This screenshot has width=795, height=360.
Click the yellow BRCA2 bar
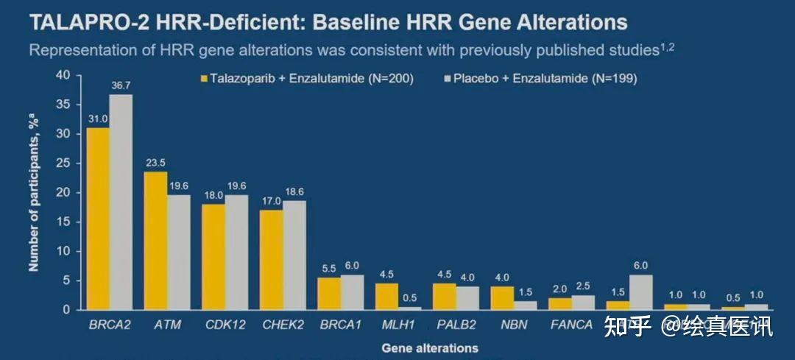tap(98, 219)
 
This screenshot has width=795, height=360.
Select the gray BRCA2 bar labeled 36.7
tap(121, 202)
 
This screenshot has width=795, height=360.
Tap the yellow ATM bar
tap(155, 241)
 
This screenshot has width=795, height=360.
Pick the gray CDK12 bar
tap(236, 252)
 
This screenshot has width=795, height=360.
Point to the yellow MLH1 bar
tap(386, 297)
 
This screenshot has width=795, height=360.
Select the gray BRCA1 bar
tap(352, 292)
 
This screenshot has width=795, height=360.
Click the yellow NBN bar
tap(502, 298)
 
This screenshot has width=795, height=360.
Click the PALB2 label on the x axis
tap(455, 324)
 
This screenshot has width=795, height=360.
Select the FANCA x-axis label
tap(570, 324)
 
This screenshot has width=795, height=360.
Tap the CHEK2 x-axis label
tap(282, 324)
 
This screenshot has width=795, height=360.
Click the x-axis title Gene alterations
tap(429, 347)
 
